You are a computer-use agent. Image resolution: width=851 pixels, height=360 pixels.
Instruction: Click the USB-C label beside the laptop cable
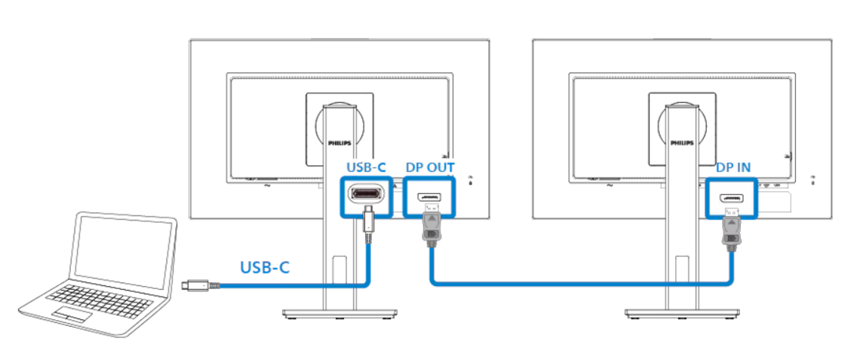(265, 267)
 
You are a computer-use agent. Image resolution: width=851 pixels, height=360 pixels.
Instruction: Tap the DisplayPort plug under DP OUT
(430, 228)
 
